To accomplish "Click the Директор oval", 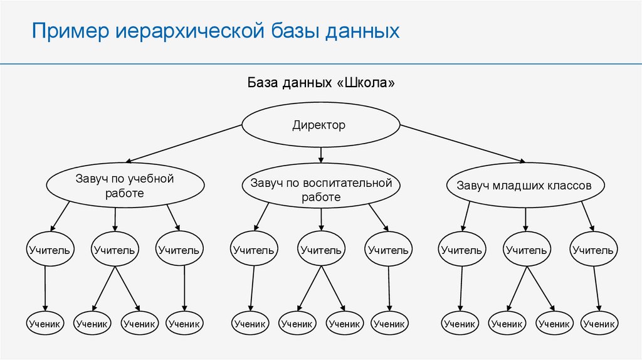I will coord(319,125).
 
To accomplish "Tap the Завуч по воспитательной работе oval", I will coord(320,189).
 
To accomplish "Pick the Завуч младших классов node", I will coord(525,186).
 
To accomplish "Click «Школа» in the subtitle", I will coord(369,83).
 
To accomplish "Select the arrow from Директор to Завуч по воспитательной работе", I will coord(321,154).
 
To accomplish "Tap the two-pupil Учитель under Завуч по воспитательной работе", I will coord(320,250).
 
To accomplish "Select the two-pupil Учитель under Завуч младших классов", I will coord(525,250).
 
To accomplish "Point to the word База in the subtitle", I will coord(262,83).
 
